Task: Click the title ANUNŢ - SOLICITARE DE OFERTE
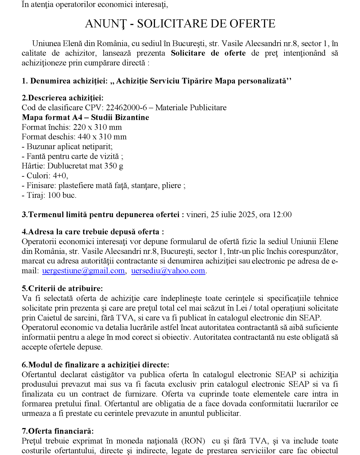(x=180, y=24)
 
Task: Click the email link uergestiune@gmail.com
(x=83, y=271)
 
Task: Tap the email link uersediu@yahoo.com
(x=168, y=271)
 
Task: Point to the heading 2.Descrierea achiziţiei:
(x=63, y=98)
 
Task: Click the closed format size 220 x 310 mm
(x=97, y=127)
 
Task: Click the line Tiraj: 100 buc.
(x=49, y=195)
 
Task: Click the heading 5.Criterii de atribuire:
(x=62, y=289)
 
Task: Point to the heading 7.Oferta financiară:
(x=58, y=431)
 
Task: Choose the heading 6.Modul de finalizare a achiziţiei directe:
(x=95, y=365)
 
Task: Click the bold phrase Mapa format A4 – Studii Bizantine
(x=85, y=117)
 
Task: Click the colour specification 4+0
(x=61, y=176)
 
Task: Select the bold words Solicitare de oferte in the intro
(x=208, y=53)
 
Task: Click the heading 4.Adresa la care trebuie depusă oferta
(x=93, y=232)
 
